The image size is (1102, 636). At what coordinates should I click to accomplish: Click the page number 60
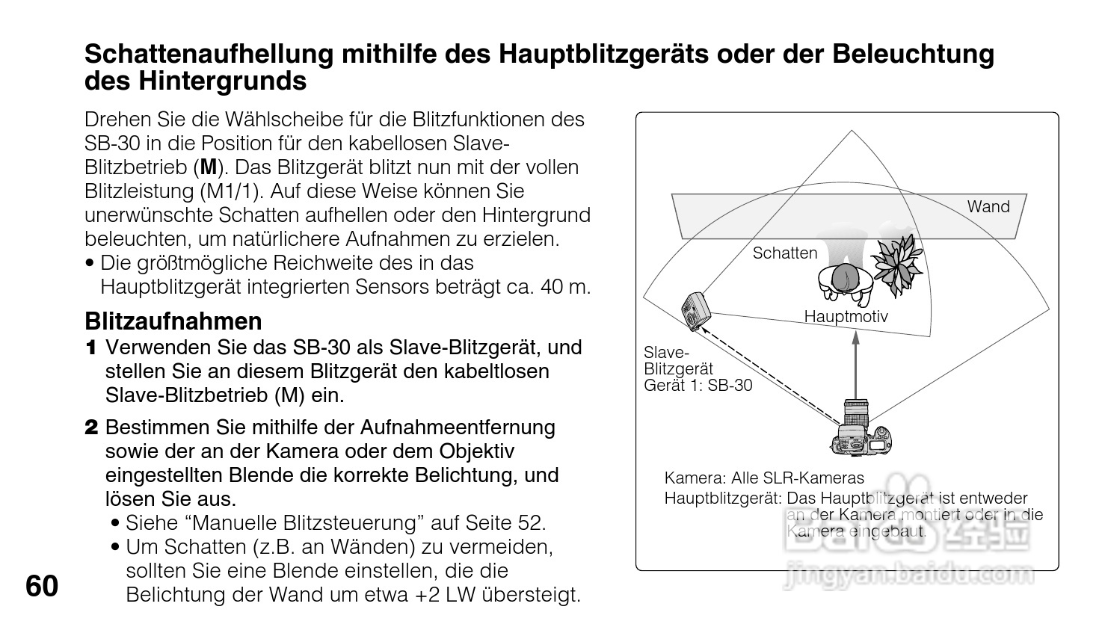[x=42, y=587]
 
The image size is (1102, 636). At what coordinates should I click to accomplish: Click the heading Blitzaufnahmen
[x=173, y=321]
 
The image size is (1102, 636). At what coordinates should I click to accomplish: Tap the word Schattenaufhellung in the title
[x=207, y=55]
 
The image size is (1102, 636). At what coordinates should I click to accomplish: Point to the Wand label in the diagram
[x=988, y=207]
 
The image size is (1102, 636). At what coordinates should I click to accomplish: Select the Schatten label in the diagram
[x=784, y=253]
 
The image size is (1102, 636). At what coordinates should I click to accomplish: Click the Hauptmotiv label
[x=846, y=317]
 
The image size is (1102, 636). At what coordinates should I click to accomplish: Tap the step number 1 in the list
[x=91, y=348]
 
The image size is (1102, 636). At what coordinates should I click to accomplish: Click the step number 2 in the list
[x=91, y=428]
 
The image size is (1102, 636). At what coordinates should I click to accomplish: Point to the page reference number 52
[x=532, y=523]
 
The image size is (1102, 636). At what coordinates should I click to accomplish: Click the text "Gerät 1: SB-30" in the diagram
[x=698, y=386]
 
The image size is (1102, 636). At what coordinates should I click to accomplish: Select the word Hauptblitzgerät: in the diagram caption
[x=723, y=498]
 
